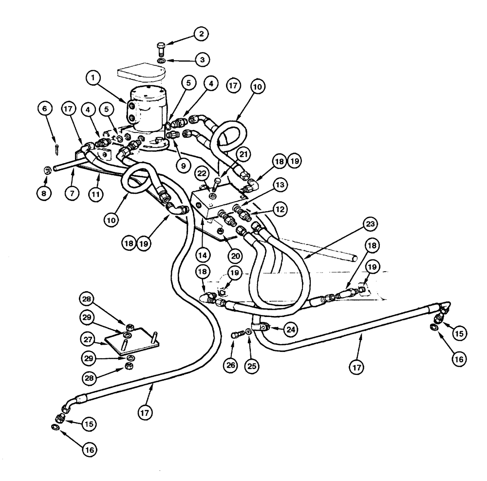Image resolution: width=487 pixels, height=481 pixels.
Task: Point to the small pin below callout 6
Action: click(57, 144)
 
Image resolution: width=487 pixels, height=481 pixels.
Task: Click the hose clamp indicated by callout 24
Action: click(260, 329)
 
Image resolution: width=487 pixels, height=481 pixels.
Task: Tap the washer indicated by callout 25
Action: click(249, 332)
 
